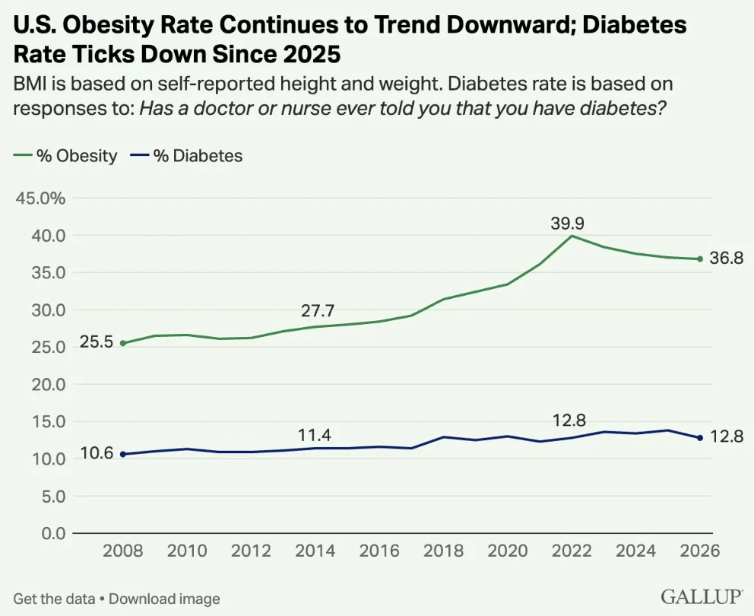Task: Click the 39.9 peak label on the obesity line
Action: click(x=568, y=224)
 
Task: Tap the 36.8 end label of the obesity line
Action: click(x=727, y=259)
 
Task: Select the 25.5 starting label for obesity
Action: click(x=97, y=342)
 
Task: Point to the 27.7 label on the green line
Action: click(x=318, y=311)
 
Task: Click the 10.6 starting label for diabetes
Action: click(x=97, y=453)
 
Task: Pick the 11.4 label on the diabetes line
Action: click(x=315, y=435)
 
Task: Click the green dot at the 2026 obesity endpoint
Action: click(x=700, y=259)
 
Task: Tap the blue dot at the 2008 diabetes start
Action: click(x=123, y=454)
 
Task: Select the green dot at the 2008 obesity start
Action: click(x=123, y=343)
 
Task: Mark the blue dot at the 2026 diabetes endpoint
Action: click(x=700, y=438)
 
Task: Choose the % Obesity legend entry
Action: click(x=65, y=156)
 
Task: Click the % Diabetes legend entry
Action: click(x=186, y=156)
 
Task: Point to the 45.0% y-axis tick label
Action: click(x=40, y=198)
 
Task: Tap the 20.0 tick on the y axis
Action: click(x=49, y=385)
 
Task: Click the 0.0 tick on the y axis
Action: click(x=53, y=533)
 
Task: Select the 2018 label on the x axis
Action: click(x=443, y=551)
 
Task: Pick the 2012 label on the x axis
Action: click(x=251, y=551)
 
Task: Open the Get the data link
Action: click(x=54, y=599)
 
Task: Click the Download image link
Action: click(x=164, y=599)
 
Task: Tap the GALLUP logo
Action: click(x=702, y=596)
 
